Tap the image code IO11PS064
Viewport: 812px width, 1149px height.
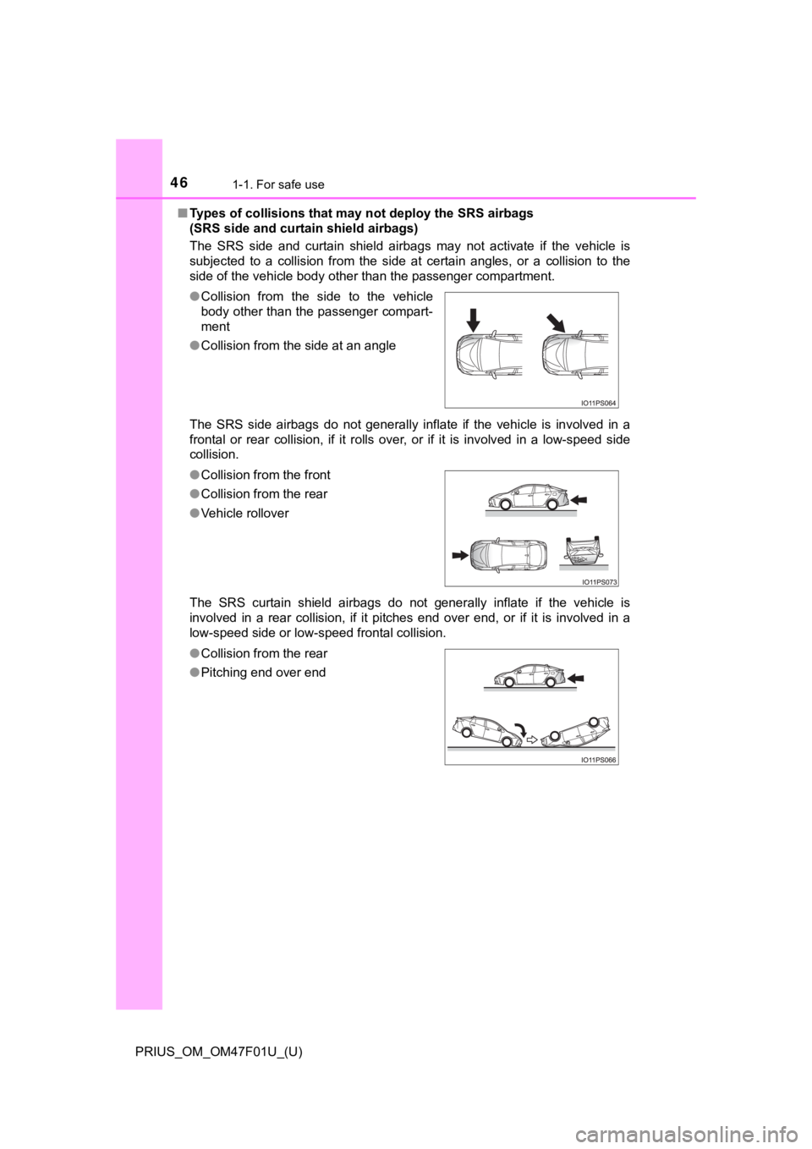click(598, 404)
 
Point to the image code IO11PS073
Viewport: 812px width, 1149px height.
click(598, 582)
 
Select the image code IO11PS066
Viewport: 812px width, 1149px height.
click(598, 761)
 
